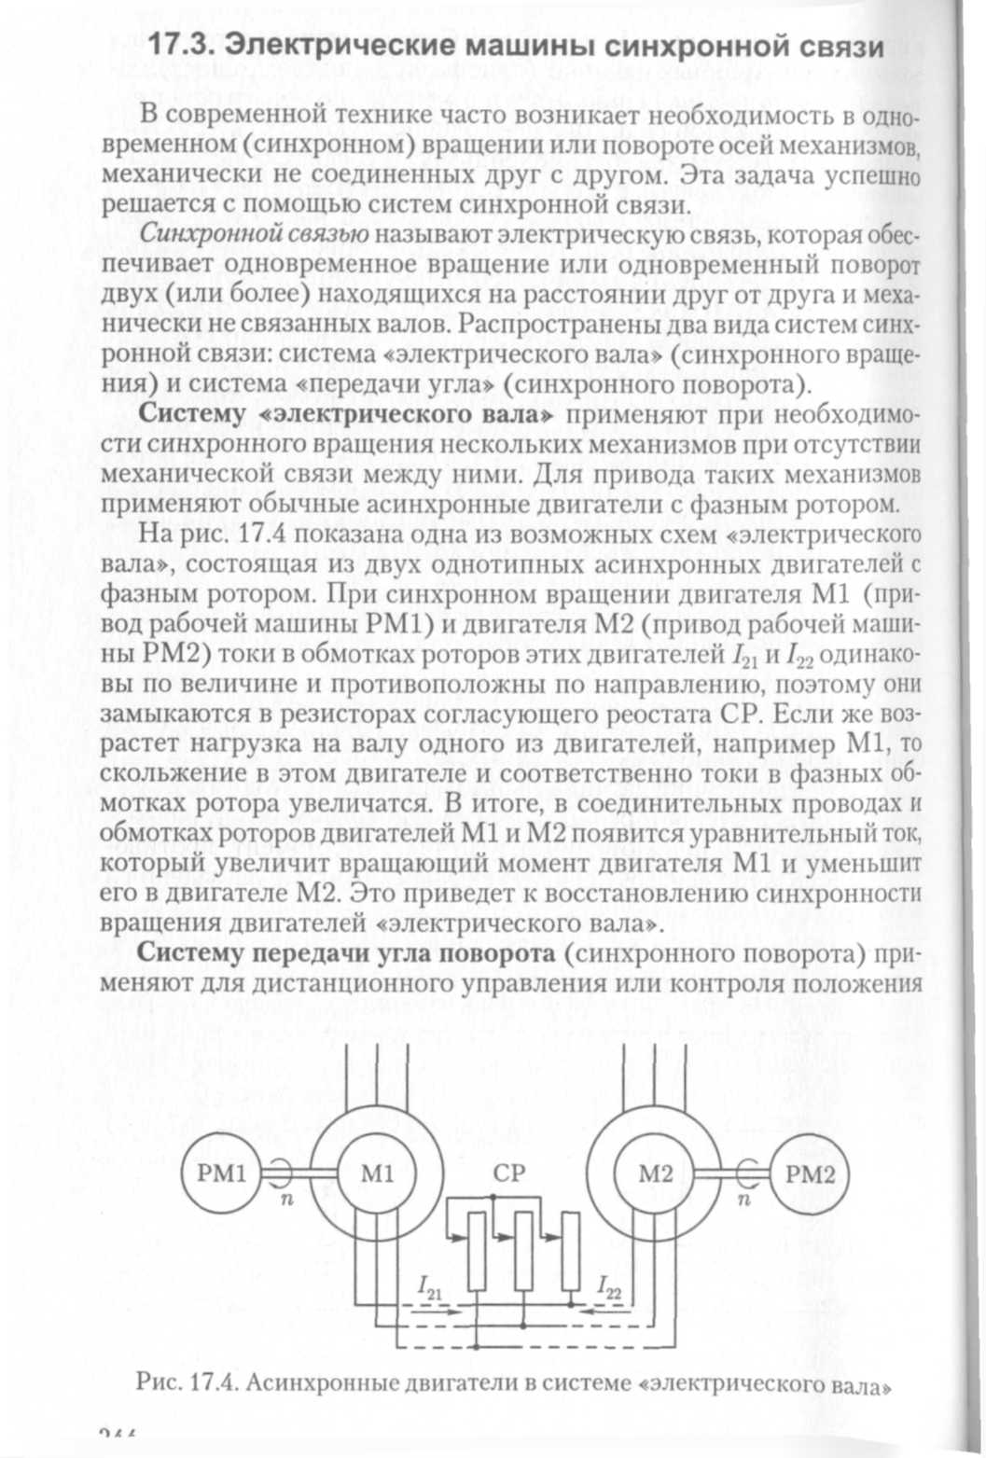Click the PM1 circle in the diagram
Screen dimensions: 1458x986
[221, 1173]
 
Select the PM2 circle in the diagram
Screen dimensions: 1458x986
[809, 1173]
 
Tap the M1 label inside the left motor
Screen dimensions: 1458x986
[377, 1173]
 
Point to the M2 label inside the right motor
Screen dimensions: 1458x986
[655, 1173]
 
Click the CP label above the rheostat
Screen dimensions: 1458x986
[510, 1173]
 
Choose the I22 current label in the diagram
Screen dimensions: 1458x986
[609, 1290]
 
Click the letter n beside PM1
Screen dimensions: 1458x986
[287, 1200]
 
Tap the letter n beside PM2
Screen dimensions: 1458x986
[743, 1200]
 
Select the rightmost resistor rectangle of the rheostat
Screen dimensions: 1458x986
[570, 1250]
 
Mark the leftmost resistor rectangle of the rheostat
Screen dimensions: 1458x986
[477, 1250]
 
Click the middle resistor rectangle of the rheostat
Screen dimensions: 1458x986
[523, 1250]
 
